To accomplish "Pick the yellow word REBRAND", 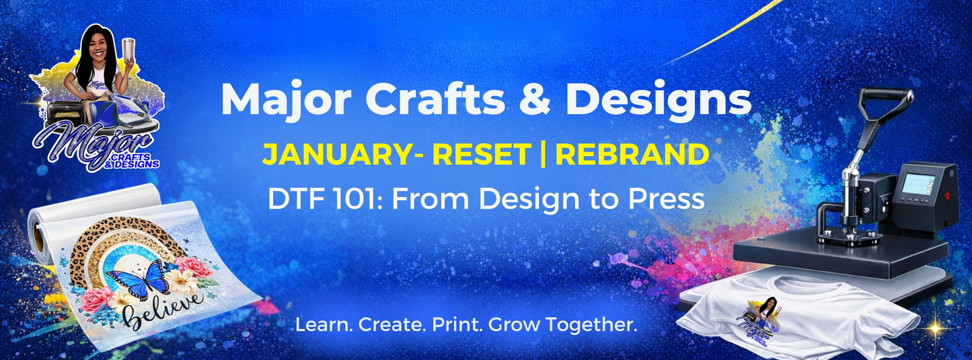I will coord(632,155).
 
